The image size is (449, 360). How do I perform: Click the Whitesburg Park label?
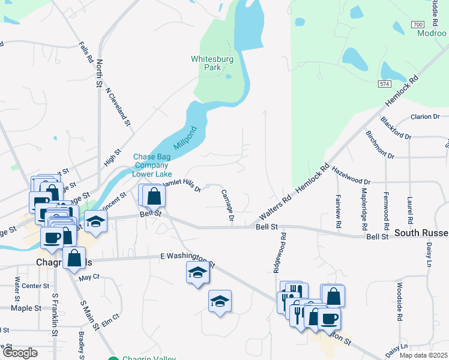206,63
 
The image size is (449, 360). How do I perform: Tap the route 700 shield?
418,25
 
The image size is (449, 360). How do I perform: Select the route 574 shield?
385,84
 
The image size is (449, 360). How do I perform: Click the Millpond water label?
185,138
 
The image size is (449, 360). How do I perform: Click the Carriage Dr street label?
226,205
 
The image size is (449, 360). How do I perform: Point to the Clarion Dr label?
426,116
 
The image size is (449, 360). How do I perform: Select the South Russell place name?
421,232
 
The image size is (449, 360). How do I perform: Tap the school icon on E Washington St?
197,272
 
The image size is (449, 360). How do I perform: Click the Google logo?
20,353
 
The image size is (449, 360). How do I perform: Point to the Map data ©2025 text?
424,355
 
